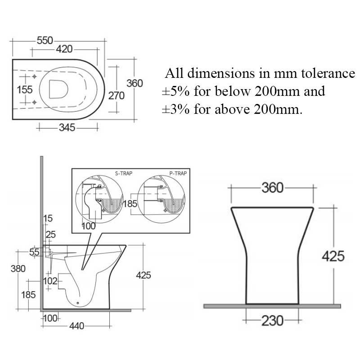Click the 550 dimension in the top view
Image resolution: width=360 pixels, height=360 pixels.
(45, 40)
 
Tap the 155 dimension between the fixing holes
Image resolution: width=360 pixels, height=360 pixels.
(24, 90)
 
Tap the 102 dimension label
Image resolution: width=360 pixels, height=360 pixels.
(50, 281)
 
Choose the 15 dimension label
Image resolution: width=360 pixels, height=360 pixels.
(48, 219)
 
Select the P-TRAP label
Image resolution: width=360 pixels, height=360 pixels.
(178, 173)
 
